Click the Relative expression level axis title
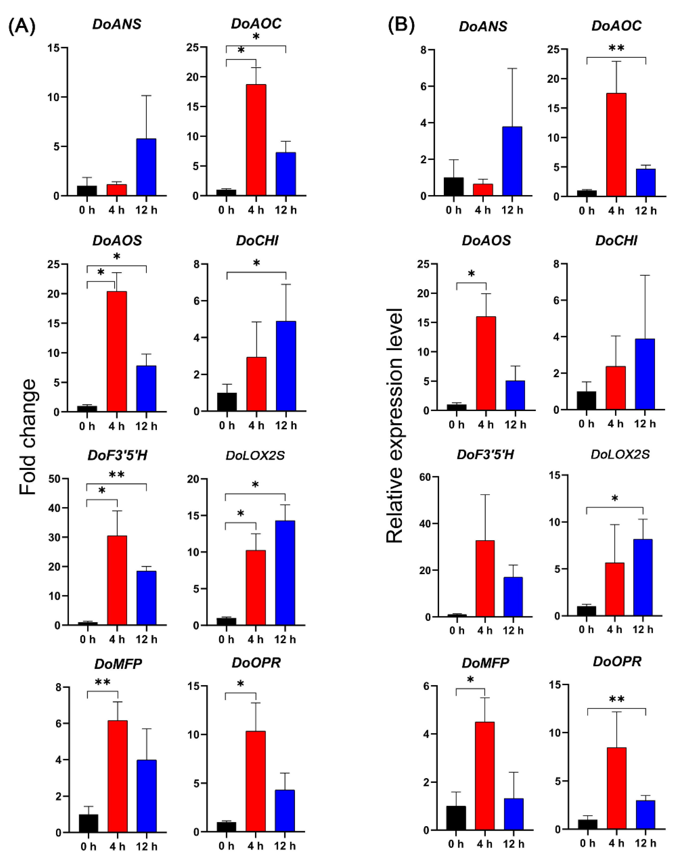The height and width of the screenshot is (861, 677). point(395,426)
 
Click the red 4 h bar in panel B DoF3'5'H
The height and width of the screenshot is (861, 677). point(485,578)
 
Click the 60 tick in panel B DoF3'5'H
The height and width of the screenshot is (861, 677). point(425,477)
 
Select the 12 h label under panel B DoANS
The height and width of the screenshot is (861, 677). point(512,210)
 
